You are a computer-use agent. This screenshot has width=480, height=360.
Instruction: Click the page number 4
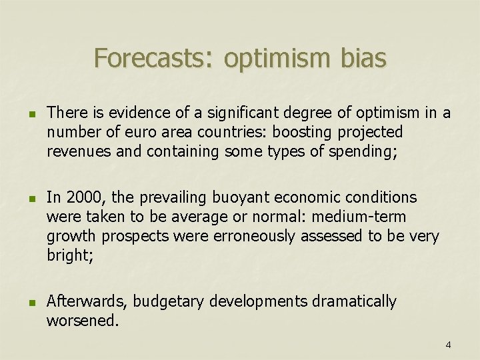[448, 345]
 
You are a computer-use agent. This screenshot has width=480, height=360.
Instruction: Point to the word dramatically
[353, 302]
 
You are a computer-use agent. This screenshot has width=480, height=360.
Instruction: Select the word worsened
[82, 321]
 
